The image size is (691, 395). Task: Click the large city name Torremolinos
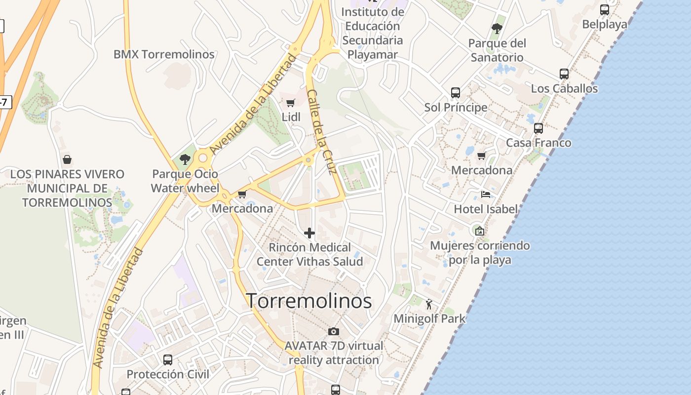coord(308,301)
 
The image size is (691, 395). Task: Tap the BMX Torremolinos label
coord(164,54)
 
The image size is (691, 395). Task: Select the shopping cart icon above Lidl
coord(291,103)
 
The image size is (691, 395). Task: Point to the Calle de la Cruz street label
coord(322,132)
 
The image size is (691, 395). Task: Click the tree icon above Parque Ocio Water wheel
coord(185,159)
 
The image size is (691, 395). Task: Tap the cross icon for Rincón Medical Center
coord(309,233)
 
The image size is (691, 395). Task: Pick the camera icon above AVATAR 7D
coord(334,331)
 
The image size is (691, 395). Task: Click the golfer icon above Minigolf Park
coord(428,304)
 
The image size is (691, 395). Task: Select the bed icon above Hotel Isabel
coord(486,194)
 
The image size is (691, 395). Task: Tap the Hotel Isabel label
coord(486,209)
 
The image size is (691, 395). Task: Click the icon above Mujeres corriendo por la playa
coord(479,231)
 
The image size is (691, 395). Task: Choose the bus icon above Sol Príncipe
coord(456,92)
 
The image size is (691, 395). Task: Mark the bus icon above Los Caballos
coord(564,74)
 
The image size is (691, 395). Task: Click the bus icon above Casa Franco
coord(538,128)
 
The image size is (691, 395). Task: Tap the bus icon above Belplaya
coord(605,9)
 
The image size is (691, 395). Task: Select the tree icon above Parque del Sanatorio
coord(497,29)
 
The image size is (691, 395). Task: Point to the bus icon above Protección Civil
coord(168,359)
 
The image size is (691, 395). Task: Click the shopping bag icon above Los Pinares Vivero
coord(67,159)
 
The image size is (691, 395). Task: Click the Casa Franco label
coord(538,143)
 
